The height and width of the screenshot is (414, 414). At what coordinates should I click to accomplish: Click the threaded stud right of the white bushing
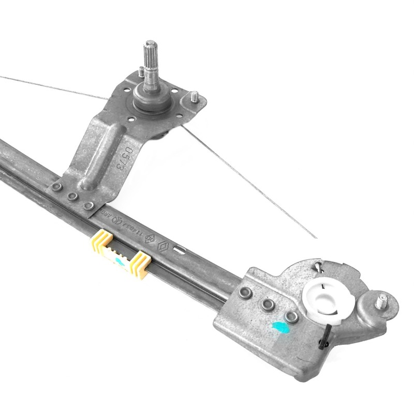pyautogui.click(x=382, y=300)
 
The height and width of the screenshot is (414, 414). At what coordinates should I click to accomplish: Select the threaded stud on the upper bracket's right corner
pyautogui.click(x=195, y=97)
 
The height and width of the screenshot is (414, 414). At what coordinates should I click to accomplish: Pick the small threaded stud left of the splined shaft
pyautogui.click(x=141, y=72)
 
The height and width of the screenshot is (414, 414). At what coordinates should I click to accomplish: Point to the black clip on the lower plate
pyautogui.click(x=324, y=339)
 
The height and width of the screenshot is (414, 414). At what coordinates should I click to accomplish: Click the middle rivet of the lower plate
pyautogui.click(x=268, y=304)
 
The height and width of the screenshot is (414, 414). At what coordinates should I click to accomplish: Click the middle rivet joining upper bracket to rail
pyautogui.click(x=73, y=197)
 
